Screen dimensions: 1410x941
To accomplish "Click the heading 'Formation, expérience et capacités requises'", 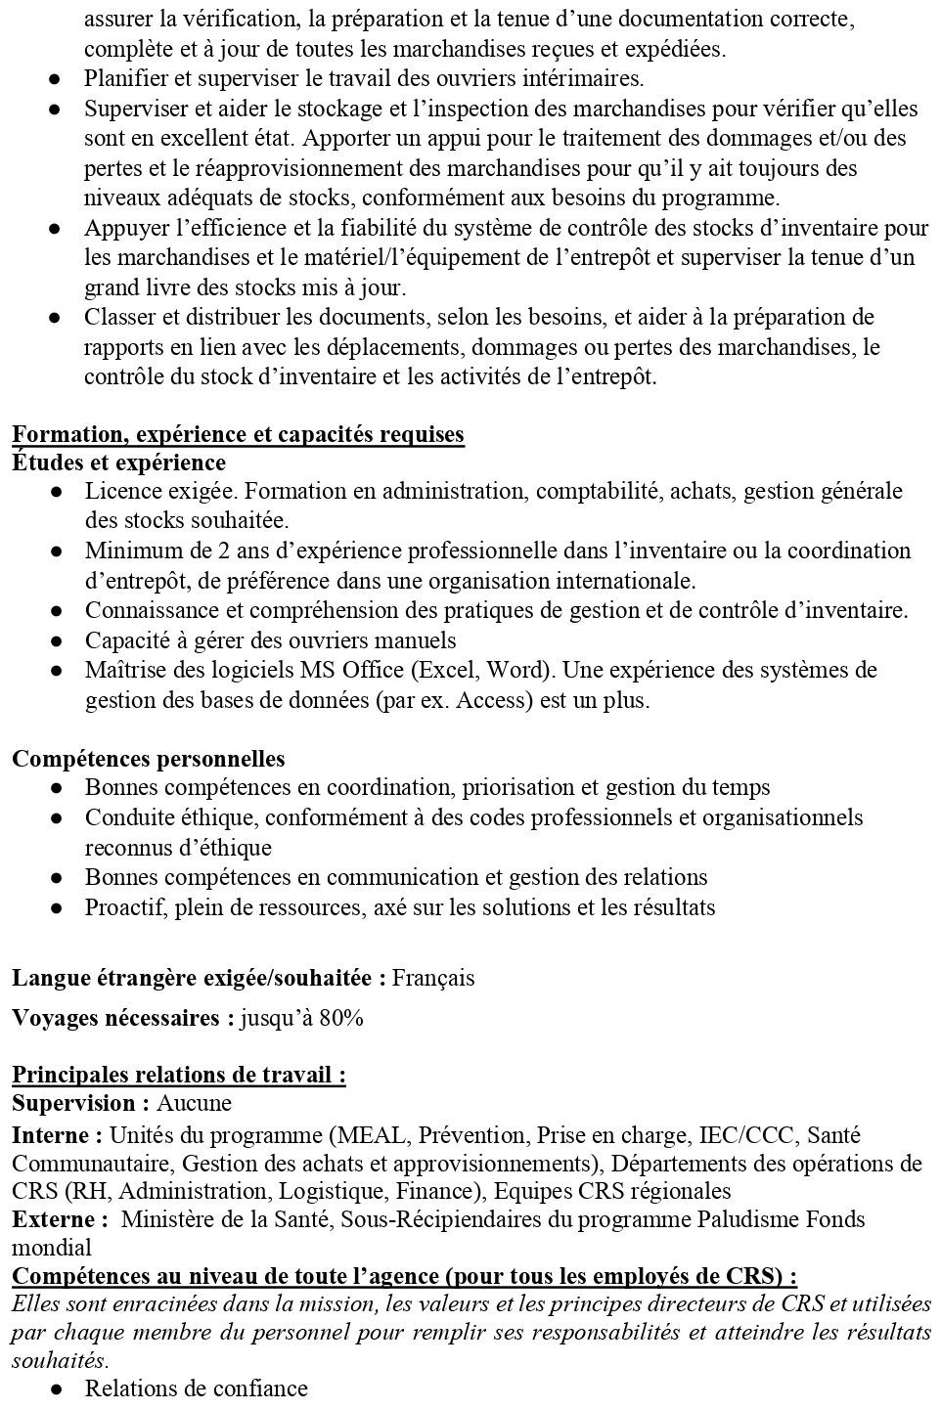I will click(238, 434).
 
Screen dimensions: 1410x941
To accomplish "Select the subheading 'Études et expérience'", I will click(118, 463).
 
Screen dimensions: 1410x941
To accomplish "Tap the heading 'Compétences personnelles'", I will click(149, 759).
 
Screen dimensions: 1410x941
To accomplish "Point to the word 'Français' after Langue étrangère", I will click(433, 978).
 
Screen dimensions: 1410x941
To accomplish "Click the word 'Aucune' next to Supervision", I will click(195, 1104).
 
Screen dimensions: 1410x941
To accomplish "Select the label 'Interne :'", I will click(57, 1136).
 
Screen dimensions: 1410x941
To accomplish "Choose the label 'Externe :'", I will click(60, 1219).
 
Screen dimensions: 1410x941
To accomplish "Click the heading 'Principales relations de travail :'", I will click(179, 1076).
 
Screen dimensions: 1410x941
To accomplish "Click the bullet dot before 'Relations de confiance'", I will click(57, 1389).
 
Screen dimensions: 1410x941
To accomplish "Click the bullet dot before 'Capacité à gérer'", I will click(57, 641).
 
